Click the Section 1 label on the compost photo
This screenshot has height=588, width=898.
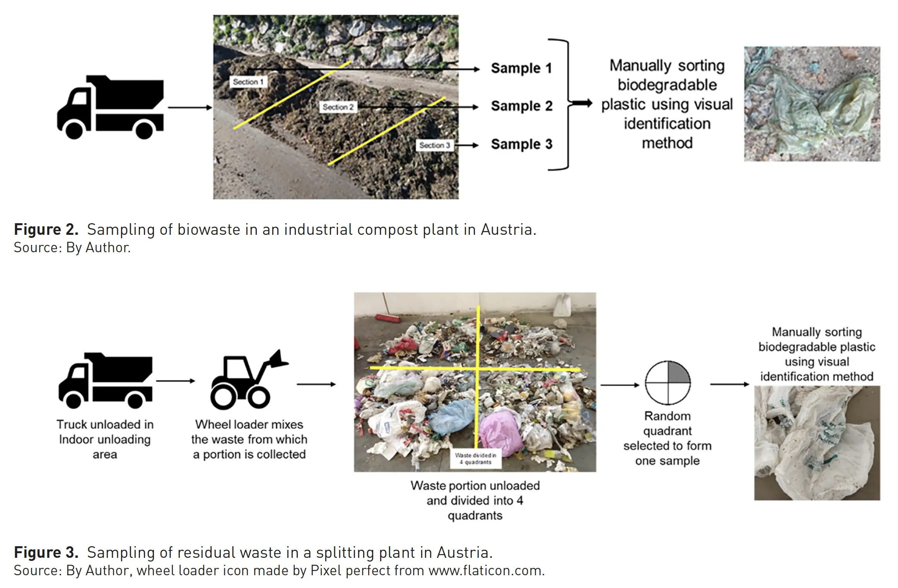pyautogui.click(x=248, y=82)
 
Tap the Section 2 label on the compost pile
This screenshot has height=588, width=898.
pyautogui.click(x=338, y=107)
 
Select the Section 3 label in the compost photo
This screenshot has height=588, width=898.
pyautogui.click(x=435, y=145)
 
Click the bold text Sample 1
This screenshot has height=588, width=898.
pyautogui.click(x=521, y=68)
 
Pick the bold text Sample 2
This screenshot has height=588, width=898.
pyautogui.click(x=521, y=106)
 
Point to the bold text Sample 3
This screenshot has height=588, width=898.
pyautogui.click(x=521, y=144)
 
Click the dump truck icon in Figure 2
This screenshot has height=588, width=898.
pyautogui.click(x=110, y=107)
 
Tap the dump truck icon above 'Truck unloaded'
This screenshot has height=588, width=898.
pyautogui.click(x=105, y=381)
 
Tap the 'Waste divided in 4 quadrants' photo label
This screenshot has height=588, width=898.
pyautogui.click(x=475, y=459)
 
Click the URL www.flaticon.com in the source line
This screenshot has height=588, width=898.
pyautogui.click(x=486, y=571)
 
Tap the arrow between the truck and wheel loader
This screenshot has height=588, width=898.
pyautogui.click(x=175, y=381)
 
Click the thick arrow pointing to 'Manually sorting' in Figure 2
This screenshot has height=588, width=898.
pyautogui.click(x=582, y=103)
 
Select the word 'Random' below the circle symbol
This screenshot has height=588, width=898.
pyautogui.click(x=667, y=416)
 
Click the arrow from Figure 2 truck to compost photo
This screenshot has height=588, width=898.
pyautogui.click(x=190, y=108)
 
